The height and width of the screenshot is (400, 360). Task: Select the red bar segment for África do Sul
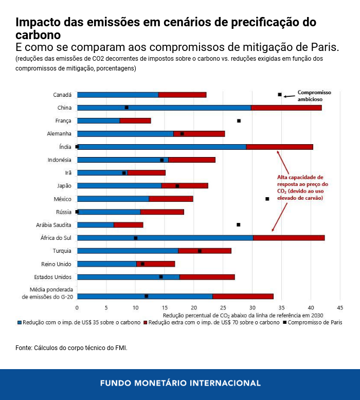(x=289, y=238)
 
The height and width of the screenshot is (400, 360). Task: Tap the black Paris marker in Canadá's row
(x=280, y=95)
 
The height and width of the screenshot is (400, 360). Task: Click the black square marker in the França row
(x=239, y=120)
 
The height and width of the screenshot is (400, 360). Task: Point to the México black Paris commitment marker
(x=267, y=199)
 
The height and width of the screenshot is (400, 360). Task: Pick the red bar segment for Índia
(x=279, y=147)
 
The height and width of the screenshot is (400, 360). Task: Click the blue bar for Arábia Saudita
(x=95, y=225)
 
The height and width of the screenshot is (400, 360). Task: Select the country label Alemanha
(x=60, y=134)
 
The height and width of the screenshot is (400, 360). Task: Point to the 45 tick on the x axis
(x=340, y=307)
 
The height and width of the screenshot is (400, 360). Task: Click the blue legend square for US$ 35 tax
(x=20, y=322)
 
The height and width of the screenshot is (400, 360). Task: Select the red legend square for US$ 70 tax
(x=146, y=322)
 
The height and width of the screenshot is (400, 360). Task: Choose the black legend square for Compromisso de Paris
(x=284, y=322)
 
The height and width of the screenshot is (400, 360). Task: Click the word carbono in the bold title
(x=38, y=35)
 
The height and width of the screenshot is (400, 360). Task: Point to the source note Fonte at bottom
(x=71, y=348)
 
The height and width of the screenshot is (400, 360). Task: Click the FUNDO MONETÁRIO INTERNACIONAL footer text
(x=180, y=383)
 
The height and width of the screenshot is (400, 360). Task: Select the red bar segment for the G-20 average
(x=243, y=297)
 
